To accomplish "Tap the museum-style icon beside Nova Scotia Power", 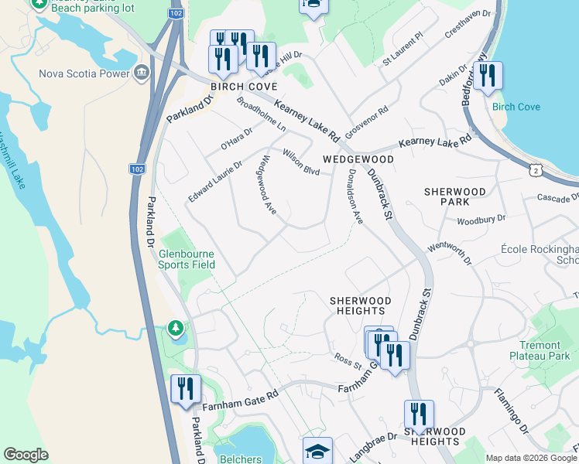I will click(x=141, y=74).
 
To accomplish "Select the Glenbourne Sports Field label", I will click(x=187, y=258).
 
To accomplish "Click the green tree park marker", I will click(x=176, y=329).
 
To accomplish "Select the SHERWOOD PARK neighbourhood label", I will click(x=455, y=196).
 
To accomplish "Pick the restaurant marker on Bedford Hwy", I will click(x=488, y=76).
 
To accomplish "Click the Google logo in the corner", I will click(x=26, y=455).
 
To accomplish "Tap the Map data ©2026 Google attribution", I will click(x=530, y=458).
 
